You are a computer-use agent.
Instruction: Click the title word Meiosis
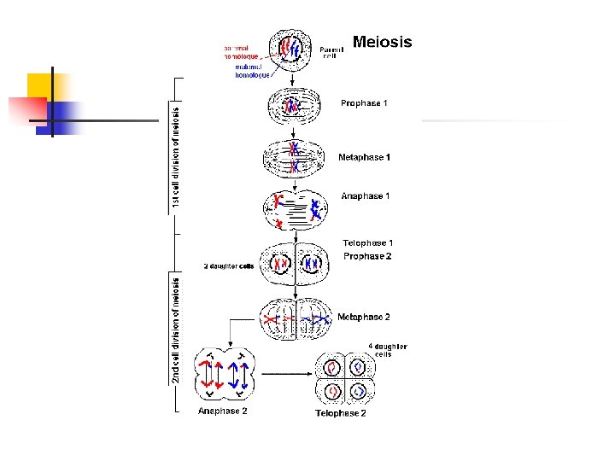382,42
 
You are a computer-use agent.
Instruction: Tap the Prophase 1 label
364,103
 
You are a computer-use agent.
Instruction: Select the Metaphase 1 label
364,157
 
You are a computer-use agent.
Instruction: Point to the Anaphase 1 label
365,196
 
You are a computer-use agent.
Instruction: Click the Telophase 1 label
367,243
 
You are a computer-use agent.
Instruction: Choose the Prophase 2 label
367,256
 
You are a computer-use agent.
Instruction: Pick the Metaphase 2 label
364,317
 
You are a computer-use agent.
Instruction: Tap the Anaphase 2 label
223,411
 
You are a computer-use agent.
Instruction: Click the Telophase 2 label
341,413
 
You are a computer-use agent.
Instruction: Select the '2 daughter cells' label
228,266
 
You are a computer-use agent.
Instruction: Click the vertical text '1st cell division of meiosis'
176,157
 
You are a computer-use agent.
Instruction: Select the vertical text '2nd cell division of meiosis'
176,330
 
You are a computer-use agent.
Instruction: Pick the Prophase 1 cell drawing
293,107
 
